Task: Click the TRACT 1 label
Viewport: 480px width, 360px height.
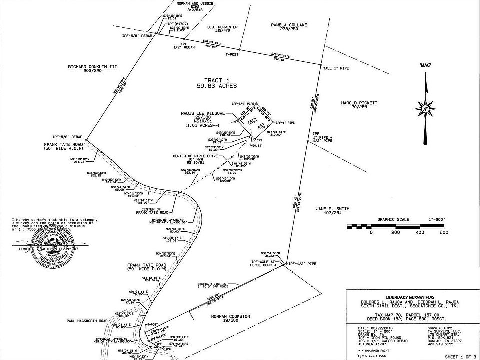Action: pyautogui.click(x=217, y=80)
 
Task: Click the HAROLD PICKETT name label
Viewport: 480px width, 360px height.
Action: pyautogui.click(x=359, y=103)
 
